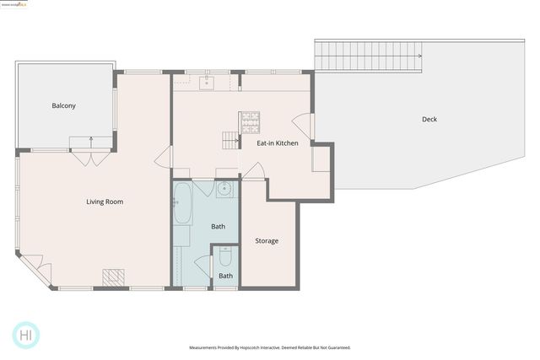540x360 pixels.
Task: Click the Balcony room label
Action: click(63, 105)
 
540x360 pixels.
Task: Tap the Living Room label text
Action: click(105, 201)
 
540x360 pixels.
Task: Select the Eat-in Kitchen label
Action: click(277, 143)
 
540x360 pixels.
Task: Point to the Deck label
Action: click(429, 119)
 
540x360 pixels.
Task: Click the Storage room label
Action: click(267, 241)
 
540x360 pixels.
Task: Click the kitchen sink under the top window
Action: click(208, 82)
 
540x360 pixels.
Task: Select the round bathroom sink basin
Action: click(224, 188)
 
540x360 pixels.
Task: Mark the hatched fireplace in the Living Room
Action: click(114, 277)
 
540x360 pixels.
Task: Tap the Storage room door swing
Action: click(254, 173)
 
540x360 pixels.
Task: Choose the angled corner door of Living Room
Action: click(40, 271)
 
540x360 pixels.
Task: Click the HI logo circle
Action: click(26, 335)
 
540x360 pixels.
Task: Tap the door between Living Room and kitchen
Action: click(165, 158)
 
